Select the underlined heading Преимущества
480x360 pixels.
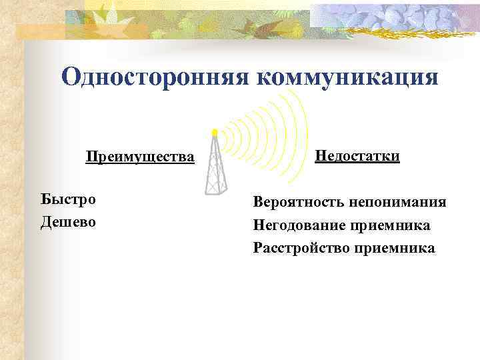click(140, 158)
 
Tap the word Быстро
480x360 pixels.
click(68, 199)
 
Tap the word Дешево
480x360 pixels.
click(69, 221)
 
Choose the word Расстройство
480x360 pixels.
click(299, 249)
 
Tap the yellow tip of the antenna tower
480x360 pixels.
click(215, 132)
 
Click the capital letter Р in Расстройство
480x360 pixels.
click(258, 249)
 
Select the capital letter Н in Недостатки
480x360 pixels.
click(320, 156)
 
